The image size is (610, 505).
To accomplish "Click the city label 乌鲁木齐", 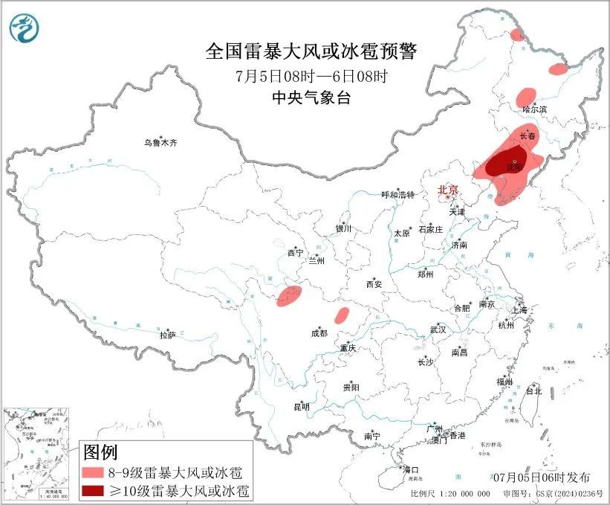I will pos(161,142).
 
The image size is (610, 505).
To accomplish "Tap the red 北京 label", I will pos(449,190).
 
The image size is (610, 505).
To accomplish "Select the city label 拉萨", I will pos(167,335).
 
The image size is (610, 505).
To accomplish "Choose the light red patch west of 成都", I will pos(288,295).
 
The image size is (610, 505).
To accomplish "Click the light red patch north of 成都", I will pos(342,315).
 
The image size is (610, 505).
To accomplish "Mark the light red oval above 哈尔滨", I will pos(526,97).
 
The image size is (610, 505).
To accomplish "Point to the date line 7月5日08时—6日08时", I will pos(311,76).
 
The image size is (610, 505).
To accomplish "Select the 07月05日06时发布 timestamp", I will pos(551,477).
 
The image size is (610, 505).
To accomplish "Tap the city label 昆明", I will pos(301,407).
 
